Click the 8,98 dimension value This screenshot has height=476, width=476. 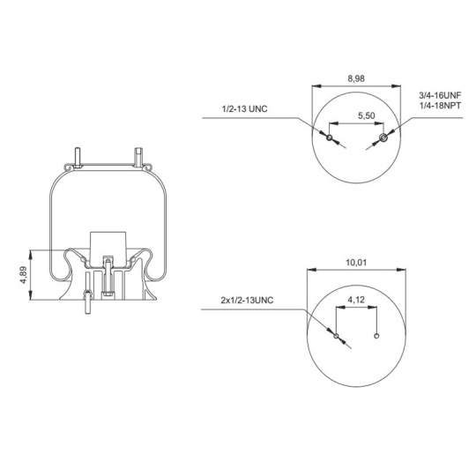point(356,78)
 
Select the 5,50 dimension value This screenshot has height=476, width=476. point(367,115)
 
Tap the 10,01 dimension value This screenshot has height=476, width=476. point(356,263)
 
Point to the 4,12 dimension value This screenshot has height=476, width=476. point(356,300)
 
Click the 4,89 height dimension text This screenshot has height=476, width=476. point(24,275)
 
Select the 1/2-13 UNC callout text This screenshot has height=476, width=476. point(245,108)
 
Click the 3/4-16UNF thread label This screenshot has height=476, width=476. point(440,95)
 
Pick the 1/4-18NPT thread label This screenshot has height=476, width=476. point(440,106)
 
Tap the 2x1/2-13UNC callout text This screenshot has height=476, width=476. point(247,301)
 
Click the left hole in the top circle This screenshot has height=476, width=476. point(330,138)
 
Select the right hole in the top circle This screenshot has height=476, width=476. point(383,138)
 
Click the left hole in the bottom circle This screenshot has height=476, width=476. point(336,336)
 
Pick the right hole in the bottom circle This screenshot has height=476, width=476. point(376,336)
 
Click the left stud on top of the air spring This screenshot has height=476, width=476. point(78,157)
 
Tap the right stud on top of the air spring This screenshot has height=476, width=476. point(138,157)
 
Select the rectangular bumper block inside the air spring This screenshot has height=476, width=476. point(108,248)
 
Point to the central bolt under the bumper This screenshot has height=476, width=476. point(108,277)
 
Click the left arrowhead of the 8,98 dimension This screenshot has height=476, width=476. point(316,86)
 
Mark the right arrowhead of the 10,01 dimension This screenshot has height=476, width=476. point(401,270)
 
